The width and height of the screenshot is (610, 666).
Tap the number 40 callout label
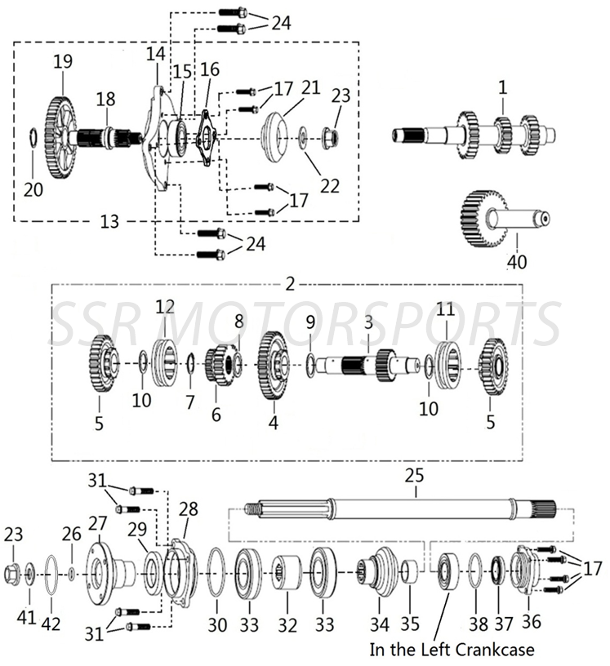517,263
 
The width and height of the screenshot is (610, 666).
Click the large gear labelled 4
273,364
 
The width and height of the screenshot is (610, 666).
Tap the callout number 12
165,307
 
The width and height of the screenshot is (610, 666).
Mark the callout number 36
532,623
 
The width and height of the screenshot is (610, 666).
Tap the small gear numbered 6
217,364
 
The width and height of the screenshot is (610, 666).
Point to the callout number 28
189,509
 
